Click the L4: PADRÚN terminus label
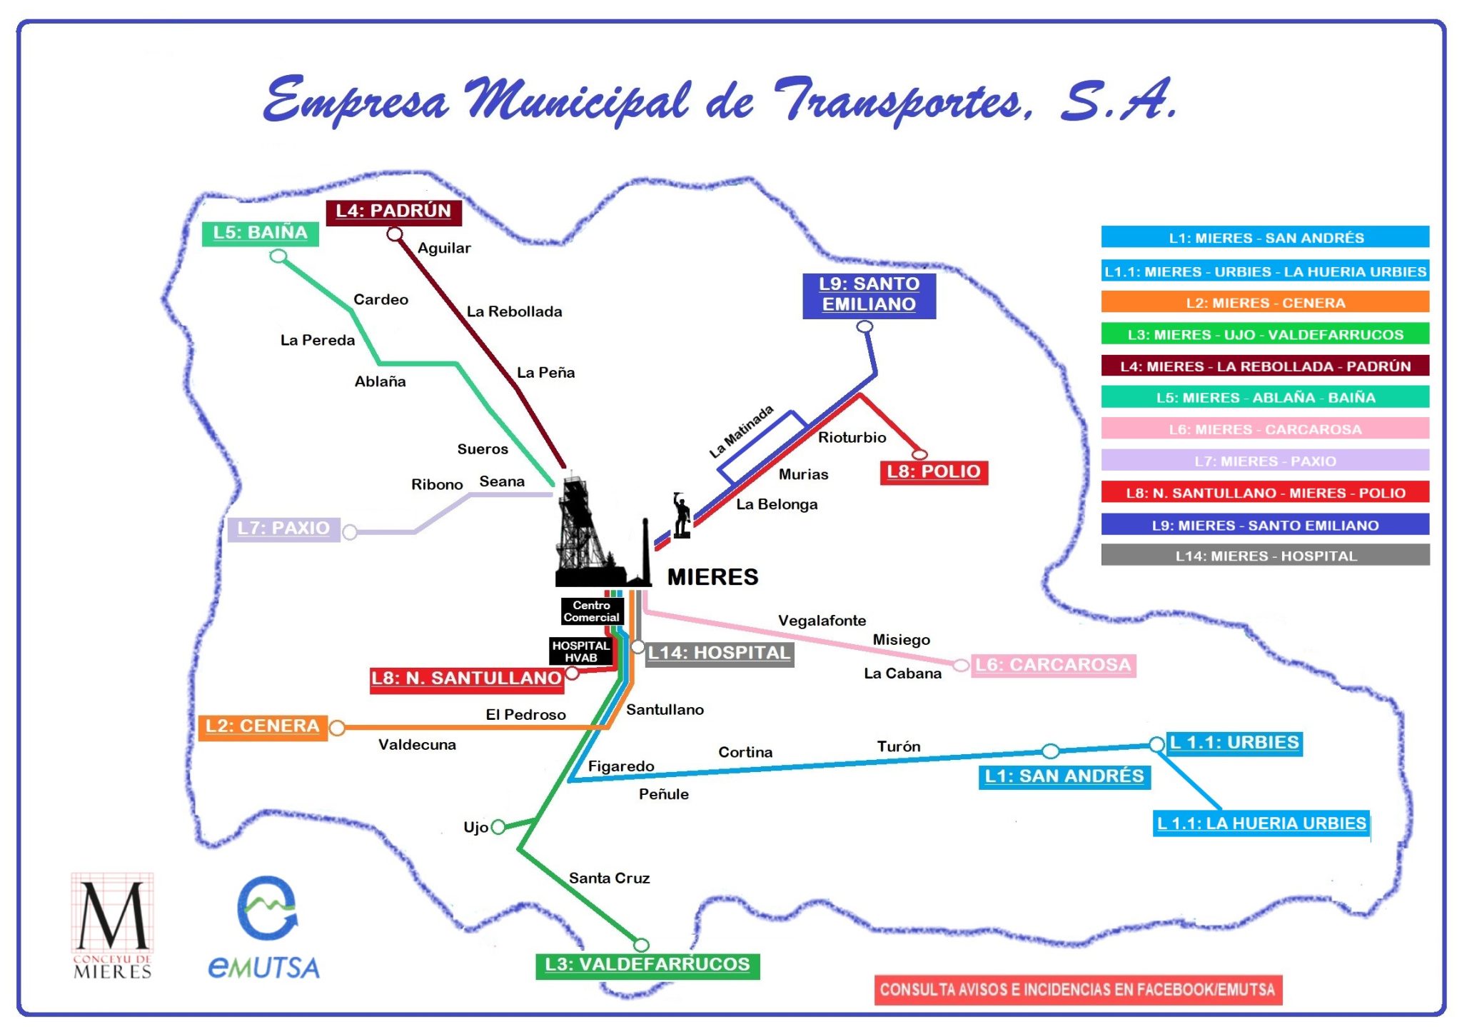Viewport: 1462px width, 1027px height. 393,211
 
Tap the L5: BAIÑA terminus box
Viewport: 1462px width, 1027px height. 260,233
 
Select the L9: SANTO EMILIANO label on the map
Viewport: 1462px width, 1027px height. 869,294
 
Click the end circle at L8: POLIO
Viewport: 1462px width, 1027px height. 919,454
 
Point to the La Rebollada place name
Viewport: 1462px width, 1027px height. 514,311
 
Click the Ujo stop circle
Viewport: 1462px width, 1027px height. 498,827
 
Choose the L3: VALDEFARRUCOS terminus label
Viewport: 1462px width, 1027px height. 647,965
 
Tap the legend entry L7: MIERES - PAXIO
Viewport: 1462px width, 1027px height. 1265,461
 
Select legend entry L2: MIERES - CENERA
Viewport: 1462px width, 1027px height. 1265,302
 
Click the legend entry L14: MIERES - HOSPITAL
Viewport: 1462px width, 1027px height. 1265,556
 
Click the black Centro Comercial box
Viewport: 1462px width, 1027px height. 592,611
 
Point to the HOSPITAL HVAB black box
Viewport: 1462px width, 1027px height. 581,651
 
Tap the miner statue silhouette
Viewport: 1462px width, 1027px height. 682,515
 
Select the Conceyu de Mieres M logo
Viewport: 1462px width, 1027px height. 112,925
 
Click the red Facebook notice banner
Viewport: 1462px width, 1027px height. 1077,990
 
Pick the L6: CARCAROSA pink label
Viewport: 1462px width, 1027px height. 1053,665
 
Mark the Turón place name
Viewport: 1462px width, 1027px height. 898,746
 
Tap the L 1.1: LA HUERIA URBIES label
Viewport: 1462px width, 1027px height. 1261,823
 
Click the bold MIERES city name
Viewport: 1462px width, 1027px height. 712,577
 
